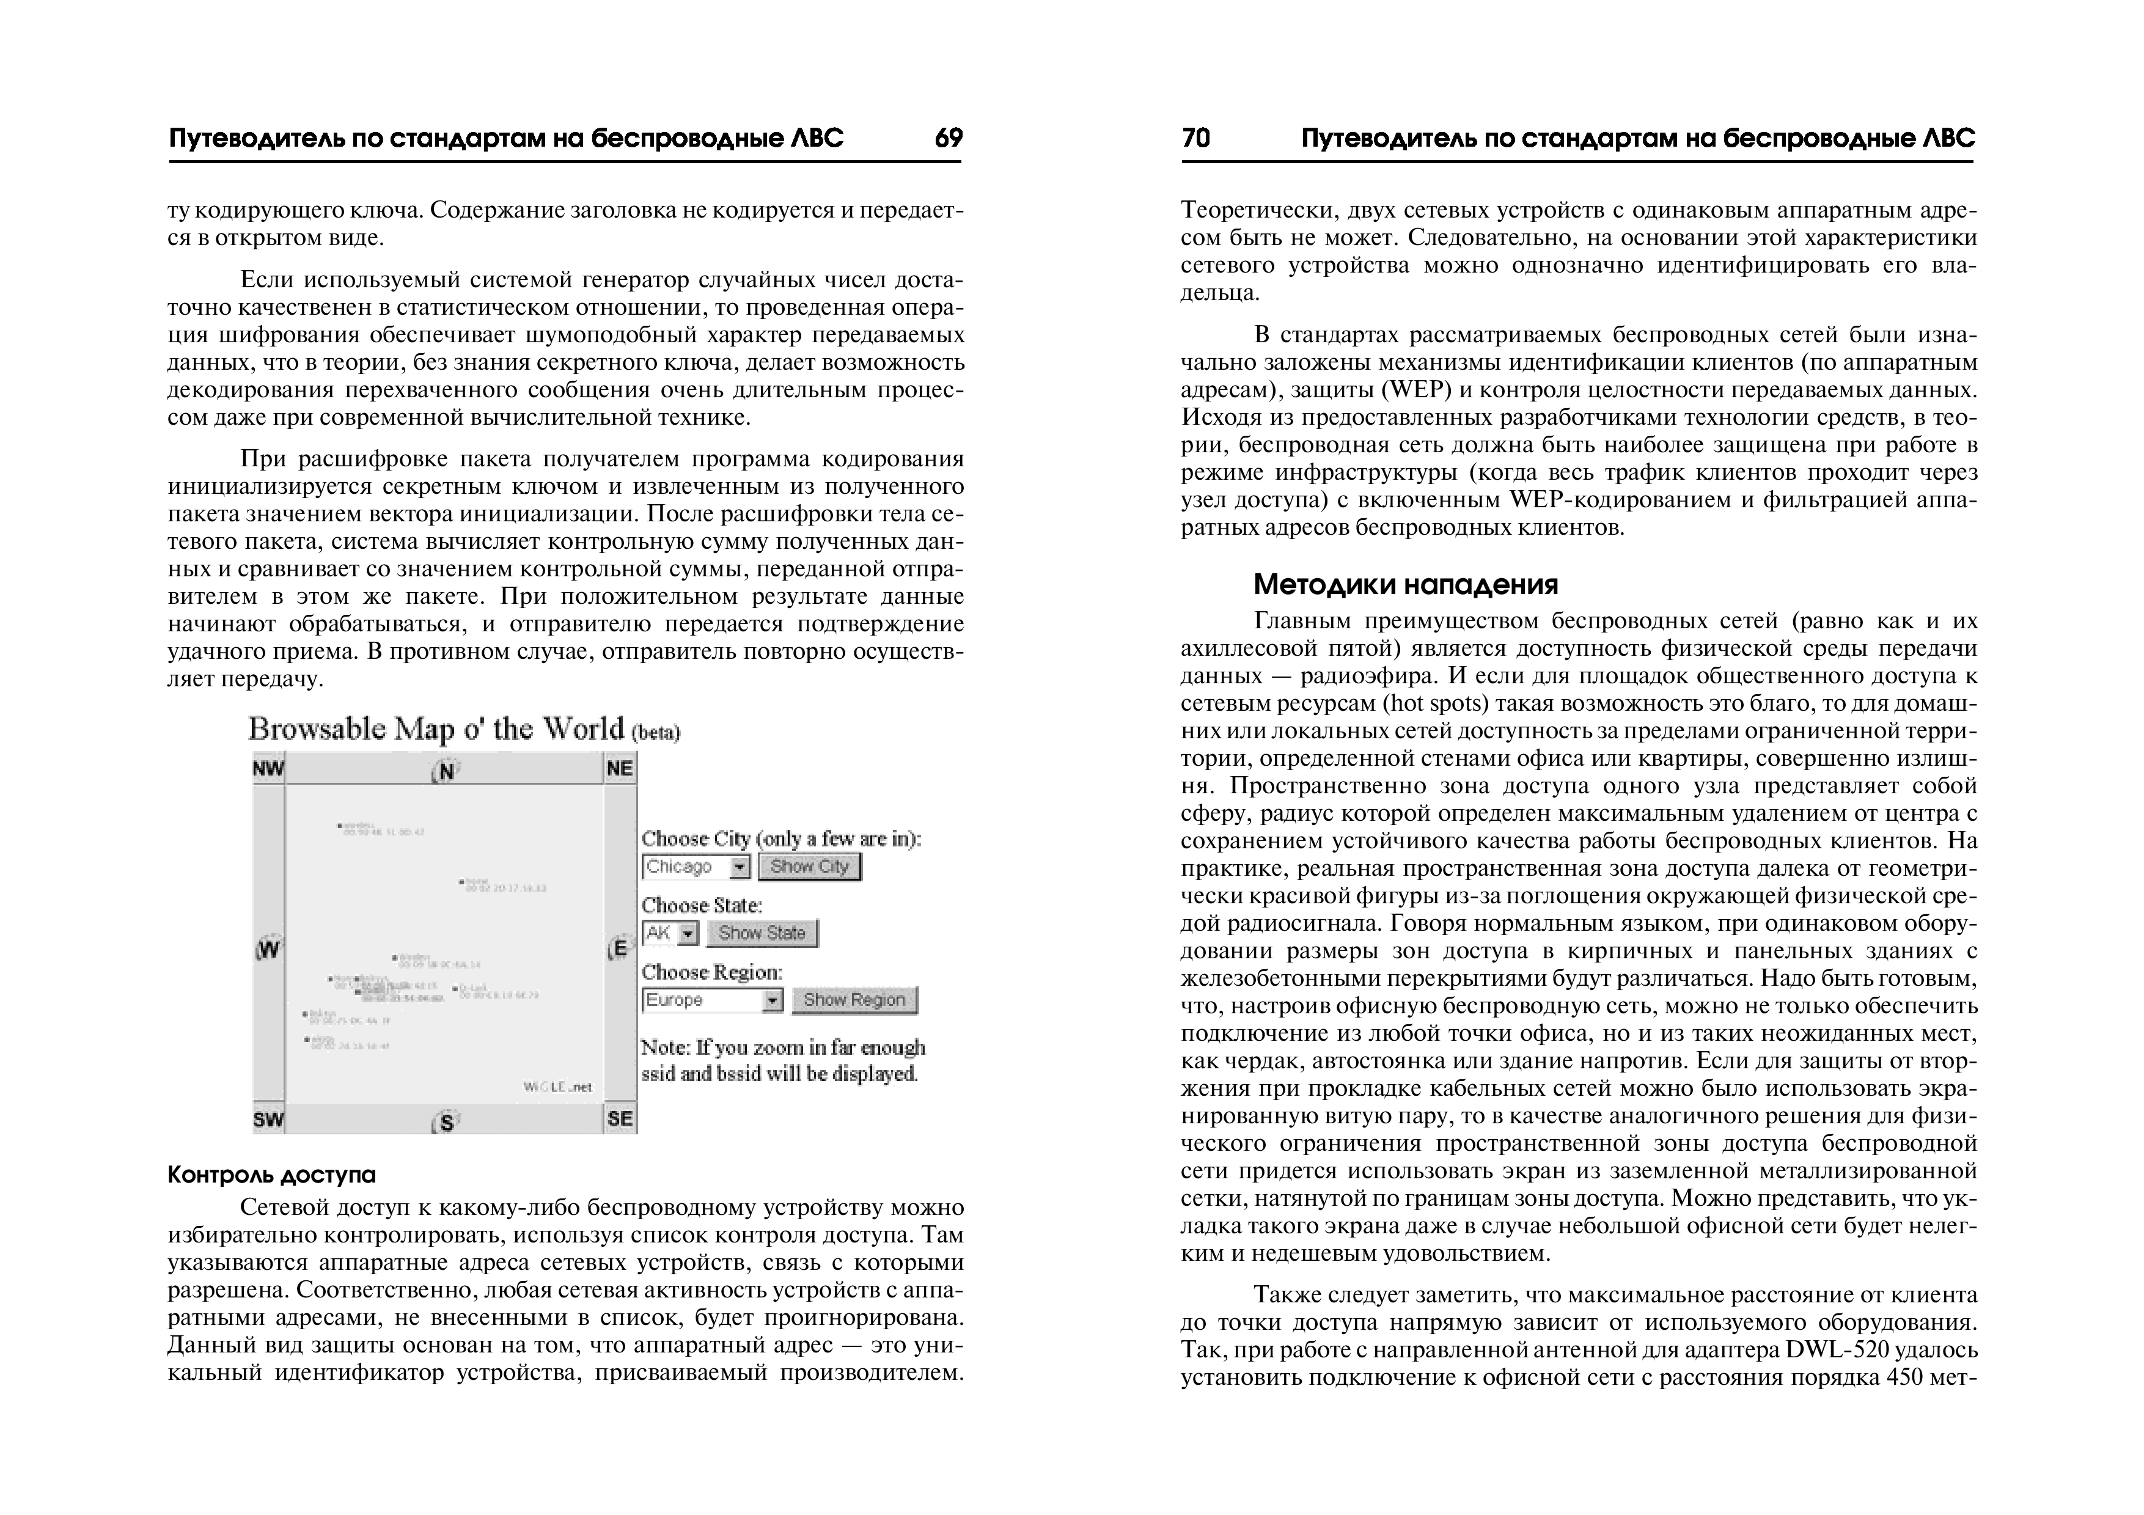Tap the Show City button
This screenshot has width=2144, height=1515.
(809, 867)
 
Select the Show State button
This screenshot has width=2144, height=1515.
(762, 933)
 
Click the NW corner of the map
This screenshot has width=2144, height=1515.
(268, 769)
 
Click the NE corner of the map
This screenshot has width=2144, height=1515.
(620, 769)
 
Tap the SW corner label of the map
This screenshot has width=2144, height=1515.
(268, 1119)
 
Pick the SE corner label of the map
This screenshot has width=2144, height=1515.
(620, 1119)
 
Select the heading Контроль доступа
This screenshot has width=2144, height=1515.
(272, 1174)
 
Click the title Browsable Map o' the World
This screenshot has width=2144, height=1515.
(436, 729)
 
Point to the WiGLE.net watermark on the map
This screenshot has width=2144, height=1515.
(557, 1087)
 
